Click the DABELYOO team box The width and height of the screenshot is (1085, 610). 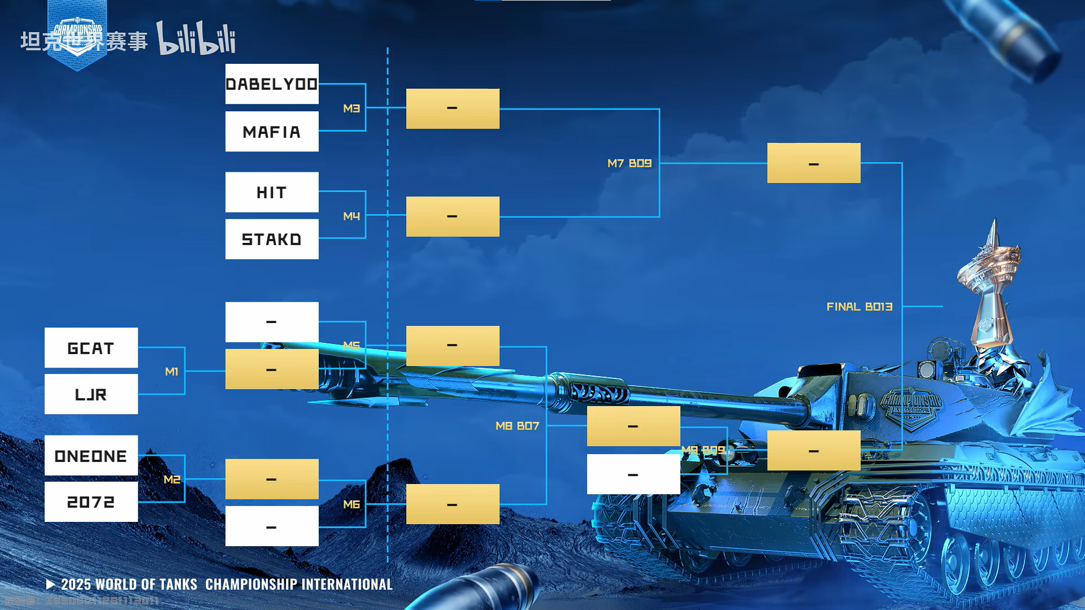272,84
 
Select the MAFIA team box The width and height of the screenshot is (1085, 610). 272,132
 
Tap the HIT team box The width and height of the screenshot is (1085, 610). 272,193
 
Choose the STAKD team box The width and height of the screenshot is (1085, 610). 272,239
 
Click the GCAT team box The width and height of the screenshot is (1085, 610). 91,348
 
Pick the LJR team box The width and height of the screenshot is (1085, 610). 91,394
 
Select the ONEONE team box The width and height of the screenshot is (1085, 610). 91,455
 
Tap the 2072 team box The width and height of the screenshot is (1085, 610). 91,502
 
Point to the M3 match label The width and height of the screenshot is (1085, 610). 351,108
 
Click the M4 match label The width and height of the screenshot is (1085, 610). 351,216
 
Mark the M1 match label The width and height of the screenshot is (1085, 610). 172,372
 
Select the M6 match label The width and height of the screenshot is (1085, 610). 351,504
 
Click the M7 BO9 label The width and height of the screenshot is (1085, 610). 630,163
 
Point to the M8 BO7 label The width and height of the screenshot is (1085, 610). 517,426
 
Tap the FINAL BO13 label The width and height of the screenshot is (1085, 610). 860,307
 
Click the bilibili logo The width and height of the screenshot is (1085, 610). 196,38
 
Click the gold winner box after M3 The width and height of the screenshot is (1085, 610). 453,108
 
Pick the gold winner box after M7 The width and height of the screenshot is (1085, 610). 814,163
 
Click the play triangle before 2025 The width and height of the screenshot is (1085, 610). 50,584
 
